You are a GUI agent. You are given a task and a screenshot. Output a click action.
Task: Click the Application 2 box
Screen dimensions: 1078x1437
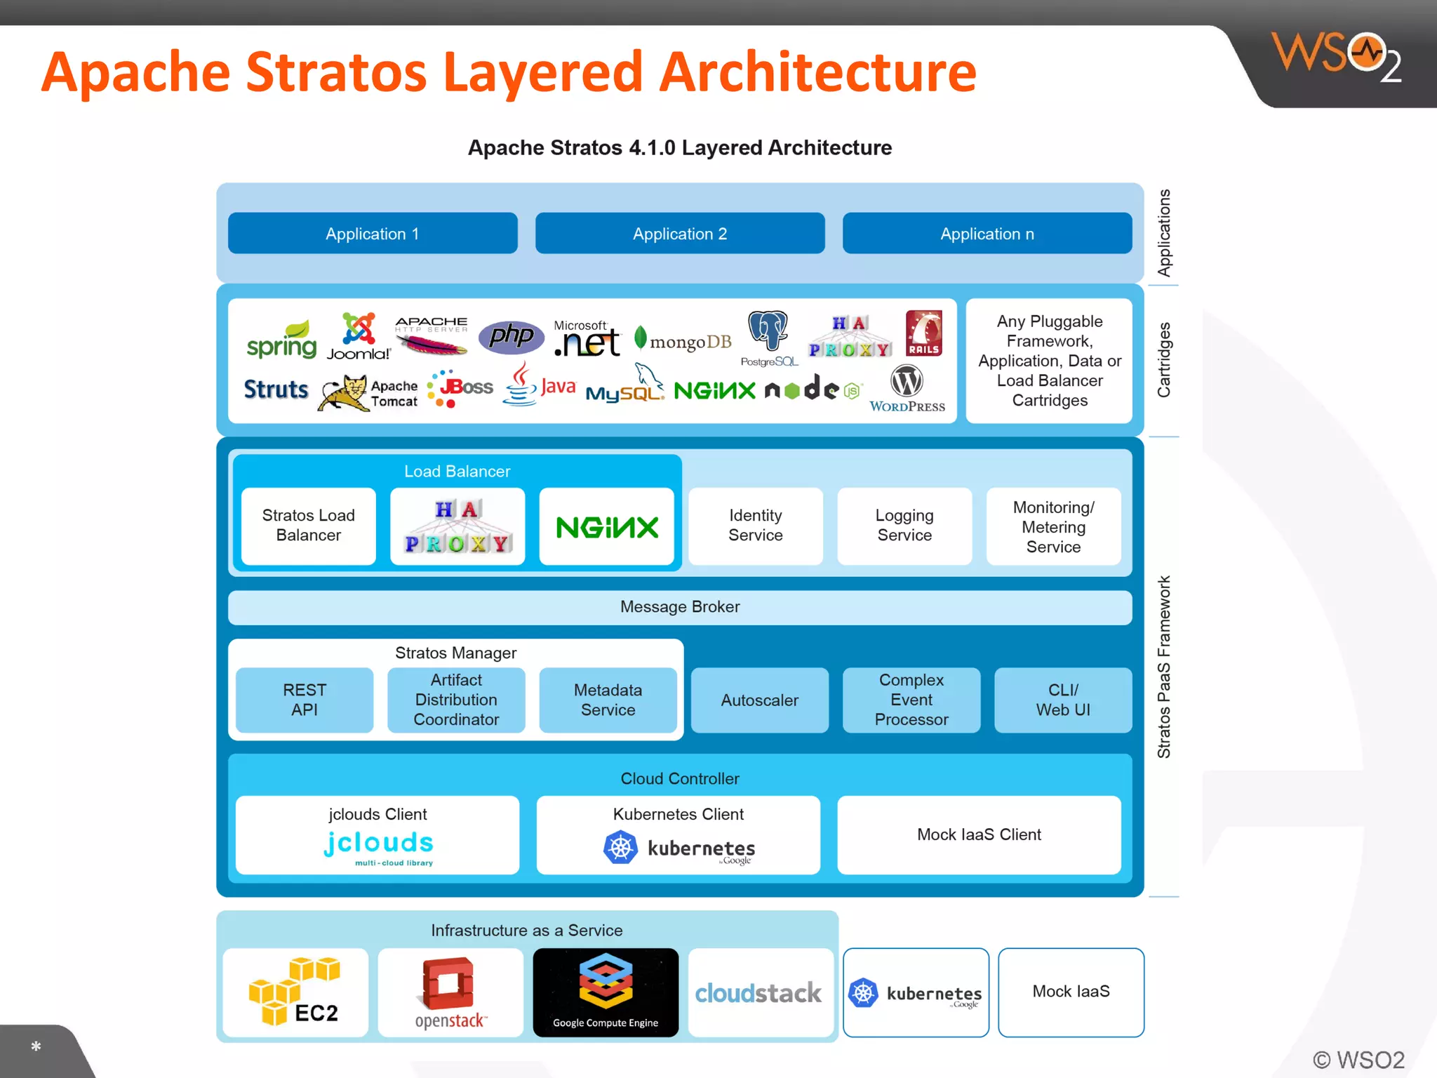coord(679,234)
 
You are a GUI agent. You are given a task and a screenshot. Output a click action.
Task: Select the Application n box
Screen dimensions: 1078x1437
coord(987,234)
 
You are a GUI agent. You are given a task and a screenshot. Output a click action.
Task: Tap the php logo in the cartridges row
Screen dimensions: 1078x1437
coord(511,337)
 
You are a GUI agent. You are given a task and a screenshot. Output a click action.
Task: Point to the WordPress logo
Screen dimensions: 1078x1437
coord(907,389)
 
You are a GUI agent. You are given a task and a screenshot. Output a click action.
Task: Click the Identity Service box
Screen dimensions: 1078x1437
coord(755,526)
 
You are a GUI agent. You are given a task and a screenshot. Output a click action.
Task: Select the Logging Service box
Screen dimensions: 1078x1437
coord(904,526)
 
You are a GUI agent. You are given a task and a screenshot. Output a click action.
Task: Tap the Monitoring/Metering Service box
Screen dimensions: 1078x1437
coord(1052,526)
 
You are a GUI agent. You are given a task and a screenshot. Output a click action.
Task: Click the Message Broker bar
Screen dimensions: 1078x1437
coord(679,607)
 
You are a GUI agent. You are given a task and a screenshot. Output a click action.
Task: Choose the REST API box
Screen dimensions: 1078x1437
coord(305,700)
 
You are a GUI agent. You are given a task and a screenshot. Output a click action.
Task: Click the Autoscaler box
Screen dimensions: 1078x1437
coord(759,700)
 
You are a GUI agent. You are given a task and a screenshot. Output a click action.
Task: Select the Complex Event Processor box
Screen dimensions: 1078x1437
coord(911,700)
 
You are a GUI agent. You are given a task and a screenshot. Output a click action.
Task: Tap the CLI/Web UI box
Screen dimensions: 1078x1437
coord(1062,700)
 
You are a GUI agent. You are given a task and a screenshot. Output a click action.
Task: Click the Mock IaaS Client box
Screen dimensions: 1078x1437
coord(978,834)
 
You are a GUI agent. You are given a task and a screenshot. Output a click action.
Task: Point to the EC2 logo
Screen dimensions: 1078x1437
coord(295,992)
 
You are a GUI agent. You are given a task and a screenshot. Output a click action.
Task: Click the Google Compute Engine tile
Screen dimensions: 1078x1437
coord(606,992)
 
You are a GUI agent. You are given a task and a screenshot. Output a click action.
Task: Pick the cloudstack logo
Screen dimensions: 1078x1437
coord(759,992)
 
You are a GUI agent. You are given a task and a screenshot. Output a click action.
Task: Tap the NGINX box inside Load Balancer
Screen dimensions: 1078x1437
coord(606,527)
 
